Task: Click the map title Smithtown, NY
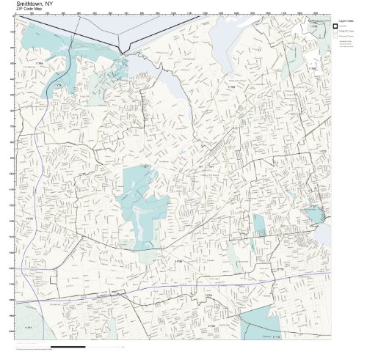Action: tap(34, 4)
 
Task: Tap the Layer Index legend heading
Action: tap(344, 22)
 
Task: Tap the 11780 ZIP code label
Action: tap(230, 87)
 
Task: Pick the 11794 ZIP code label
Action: tap(312, 69)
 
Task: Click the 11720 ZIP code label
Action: tap(321, 151)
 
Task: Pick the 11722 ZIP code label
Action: tap(211, 325)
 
